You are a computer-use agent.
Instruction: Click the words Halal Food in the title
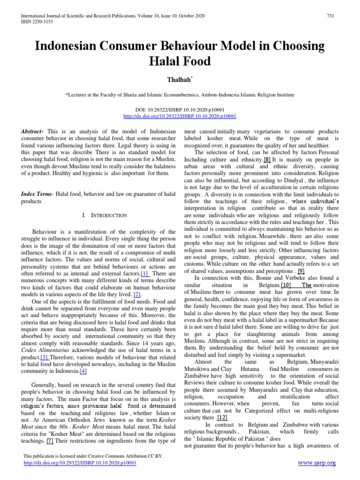tap(180, 61)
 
